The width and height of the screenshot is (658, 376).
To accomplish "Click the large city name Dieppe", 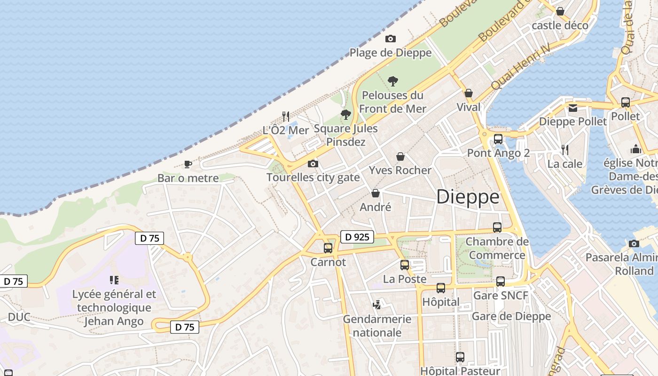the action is pos(468,196).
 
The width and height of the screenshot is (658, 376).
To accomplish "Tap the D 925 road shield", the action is pos(357,237).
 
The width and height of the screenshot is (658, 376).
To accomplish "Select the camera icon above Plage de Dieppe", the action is pos(390,39).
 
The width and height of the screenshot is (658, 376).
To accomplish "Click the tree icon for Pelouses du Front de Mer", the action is pos(393,81).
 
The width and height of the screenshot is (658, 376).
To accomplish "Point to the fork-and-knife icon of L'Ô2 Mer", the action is pos(285,116).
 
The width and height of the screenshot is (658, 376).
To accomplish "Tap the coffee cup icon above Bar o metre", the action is pos(188,164).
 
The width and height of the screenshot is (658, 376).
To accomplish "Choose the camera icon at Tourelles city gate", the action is pos(313,164).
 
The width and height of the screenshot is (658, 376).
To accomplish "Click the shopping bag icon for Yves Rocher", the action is pos(400,157).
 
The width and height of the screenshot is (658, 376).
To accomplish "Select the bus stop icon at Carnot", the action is pos(328,248).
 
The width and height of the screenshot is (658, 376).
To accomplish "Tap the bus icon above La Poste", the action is pos(405,265).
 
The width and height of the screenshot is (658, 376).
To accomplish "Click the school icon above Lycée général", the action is pos(114,280).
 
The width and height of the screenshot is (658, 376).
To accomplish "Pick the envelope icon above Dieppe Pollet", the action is pos(572,108).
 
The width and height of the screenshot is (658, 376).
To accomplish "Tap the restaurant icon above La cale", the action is pos(565,150).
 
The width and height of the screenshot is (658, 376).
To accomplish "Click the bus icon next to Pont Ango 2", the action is pos(498,139).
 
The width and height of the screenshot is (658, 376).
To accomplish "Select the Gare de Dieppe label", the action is pos(511,316).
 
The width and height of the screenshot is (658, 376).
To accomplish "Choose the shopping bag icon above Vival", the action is pos(469,93).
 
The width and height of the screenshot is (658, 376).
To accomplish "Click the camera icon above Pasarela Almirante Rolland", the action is pos(634,243).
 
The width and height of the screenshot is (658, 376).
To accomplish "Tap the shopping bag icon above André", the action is pos(376,193).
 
